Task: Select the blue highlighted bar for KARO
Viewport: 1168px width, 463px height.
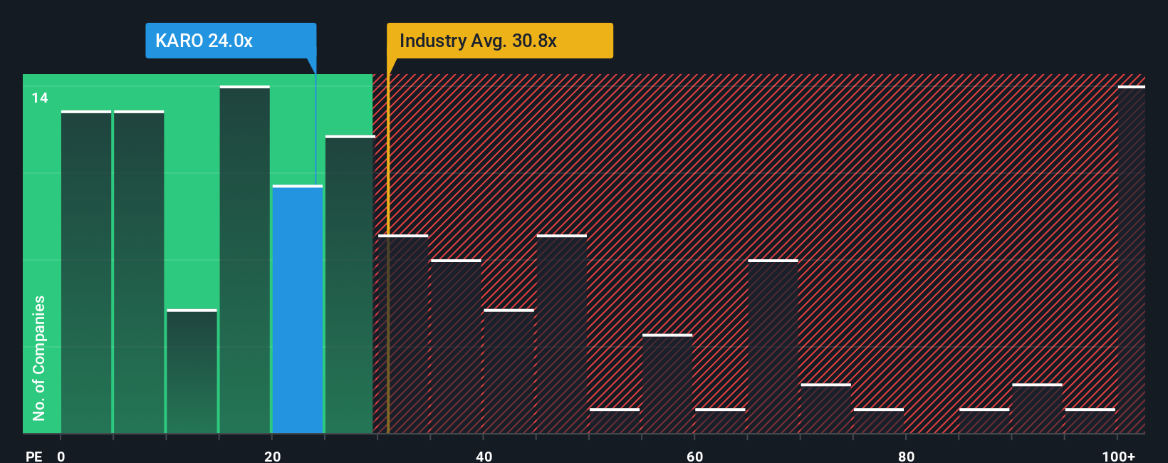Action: pyautogui.click(x=298, y=310)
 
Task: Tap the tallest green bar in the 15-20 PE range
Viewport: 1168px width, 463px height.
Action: pyautogui.click(x=244, y=260)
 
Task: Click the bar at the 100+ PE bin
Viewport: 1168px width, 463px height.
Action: pyautogui.click(x=1131, y=260)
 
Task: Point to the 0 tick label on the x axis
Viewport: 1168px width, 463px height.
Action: pyautogui.click(x=61, y=456)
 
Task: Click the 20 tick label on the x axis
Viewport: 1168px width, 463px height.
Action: pyautogui.click(x=272, y=456)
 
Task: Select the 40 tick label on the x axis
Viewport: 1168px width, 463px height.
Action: pyautogui.click(x=484, y=456)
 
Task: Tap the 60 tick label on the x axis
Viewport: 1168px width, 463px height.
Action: pyautogui.click(x=695, y=456)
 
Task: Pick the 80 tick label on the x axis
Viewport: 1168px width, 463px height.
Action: pyautogui.click(x=906, y=456)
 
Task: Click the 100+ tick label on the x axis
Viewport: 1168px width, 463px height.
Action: pyautogui.click(x=1118, y=456)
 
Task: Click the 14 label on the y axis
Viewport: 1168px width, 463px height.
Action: pyautogui.click(x=40, y=98)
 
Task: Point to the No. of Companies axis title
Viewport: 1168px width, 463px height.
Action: pyautogui.click(x=39, y=358)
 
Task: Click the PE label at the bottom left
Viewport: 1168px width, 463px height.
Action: pyautogui.click(x=33, y=456)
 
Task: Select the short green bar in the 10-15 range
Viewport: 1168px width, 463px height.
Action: pyautogui.click(x=192, y=372)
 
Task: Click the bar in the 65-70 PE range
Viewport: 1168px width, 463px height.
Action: pyautogui.click(x=773, y=347)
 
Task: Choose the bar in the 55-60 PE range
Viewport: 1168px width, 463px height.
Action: pyautogui.click(x=667, y=384)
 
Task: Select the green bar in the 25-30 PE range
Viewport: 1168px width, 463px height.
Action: pyautogui.click(x=350, y=285)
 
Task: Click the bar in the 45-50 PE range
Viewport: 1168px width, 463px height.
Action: pyautogui.click(x=562, y=334)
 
